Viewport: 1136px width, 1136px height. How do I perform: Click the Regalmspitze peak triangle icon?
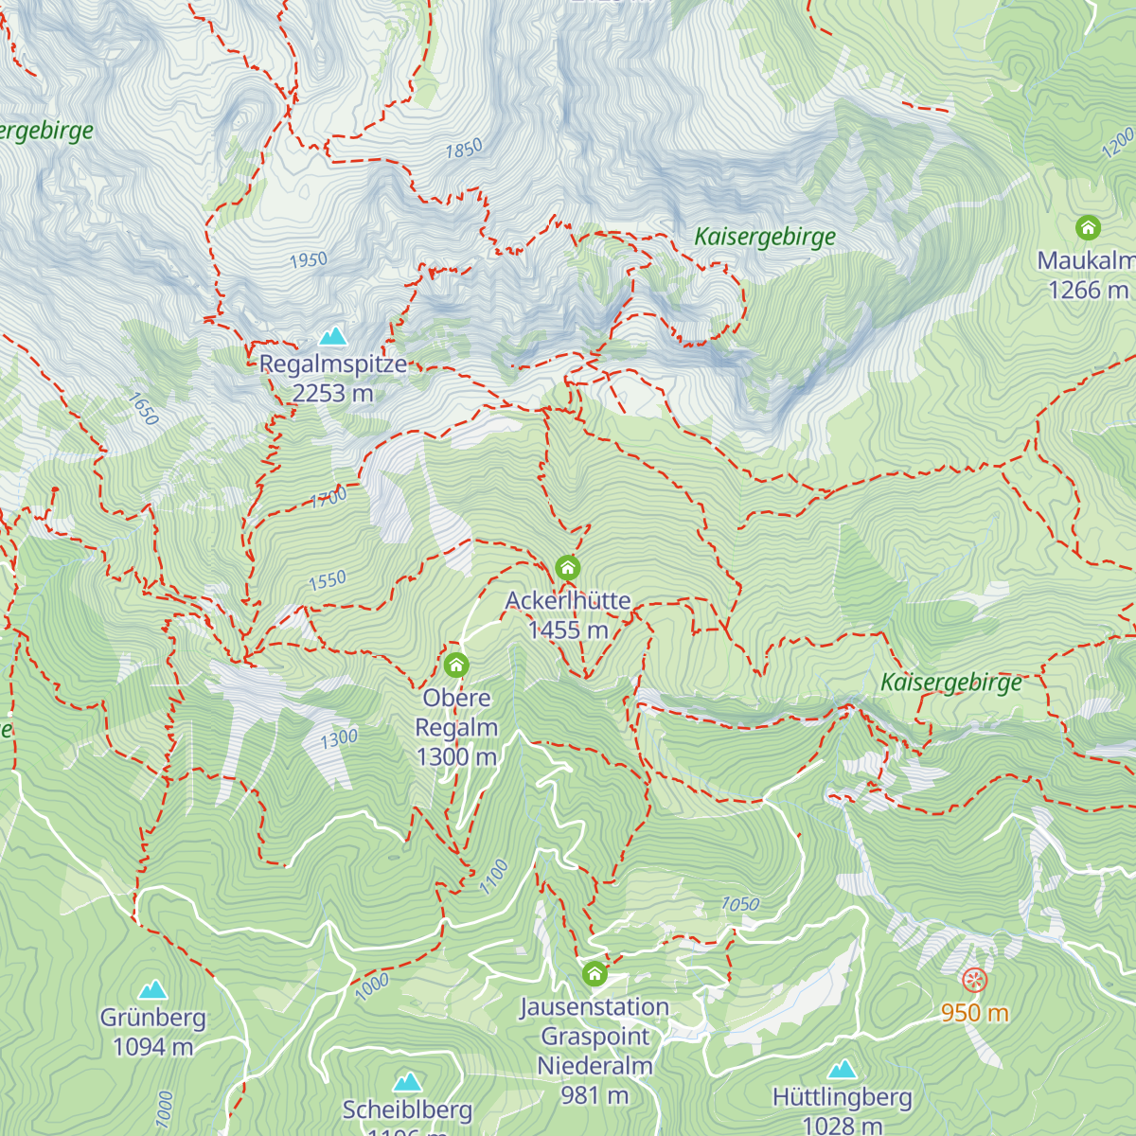(x=332, y=336)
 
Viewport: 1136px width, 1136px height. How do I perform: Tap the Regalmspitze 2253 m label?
(x=332, y=379)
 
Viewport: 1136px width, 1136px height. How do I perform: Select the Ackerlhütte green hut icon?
(x=567, y=568)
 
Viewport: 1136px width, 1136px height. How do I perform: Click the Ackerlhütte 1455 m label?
(x=568, y=615)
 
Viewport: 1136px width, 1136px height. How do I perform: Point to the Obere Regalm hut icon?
(x=456, y=665)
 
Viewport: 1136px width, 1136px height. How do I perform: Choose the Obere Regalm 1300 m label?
(x=456, y=727)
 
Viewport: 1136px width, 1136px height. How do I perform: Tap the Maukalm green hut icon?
(x=1088, y=228)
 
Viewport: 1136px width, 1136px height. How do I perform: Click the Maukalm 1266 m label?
(x=1087, y=275)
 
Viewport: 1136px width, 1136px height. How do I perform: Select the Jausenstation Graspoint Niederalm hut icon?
(x=595, y=973)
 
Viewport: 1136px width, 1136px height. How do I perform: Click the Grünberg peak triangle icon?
(x=152, y=990)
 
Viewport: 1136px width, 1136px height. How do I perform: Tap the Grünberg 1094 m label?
(x=152, y=1032)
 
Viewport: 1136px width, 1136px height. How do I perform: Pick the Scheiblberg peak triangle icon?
(x=408, y=1081)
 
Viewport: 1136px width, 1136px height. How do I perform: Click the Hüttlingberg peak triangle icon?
(x=842, y=1070)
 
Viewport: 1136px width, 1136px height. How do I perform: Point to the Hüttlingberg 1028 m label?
(x=842, y=1111)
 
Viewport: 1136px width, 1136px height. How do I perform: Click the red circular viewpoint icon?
(x=974, y=980)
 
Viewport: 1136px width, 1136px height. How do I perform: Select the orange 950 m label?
(x=974, y=1013)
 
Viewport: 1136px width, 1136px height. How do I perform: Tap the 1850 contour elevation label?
(x=464, y=149)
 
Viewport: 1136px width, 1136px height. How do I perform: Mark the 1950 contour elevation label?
(x=308, y=259)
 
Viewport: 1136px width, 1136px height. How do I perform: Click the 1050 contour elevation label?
(x=740, y=904)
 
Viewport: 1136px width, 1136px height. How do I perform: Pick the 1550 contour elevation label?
(x=328, y=580)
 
